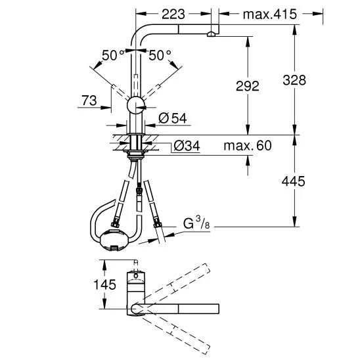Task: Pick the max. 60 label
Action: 246,145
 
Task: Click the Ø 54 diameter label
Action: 173,118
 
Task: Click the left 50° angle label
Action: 112,55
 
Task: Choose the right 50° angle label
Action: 160,55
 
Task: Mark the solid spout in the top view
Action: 184,307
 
